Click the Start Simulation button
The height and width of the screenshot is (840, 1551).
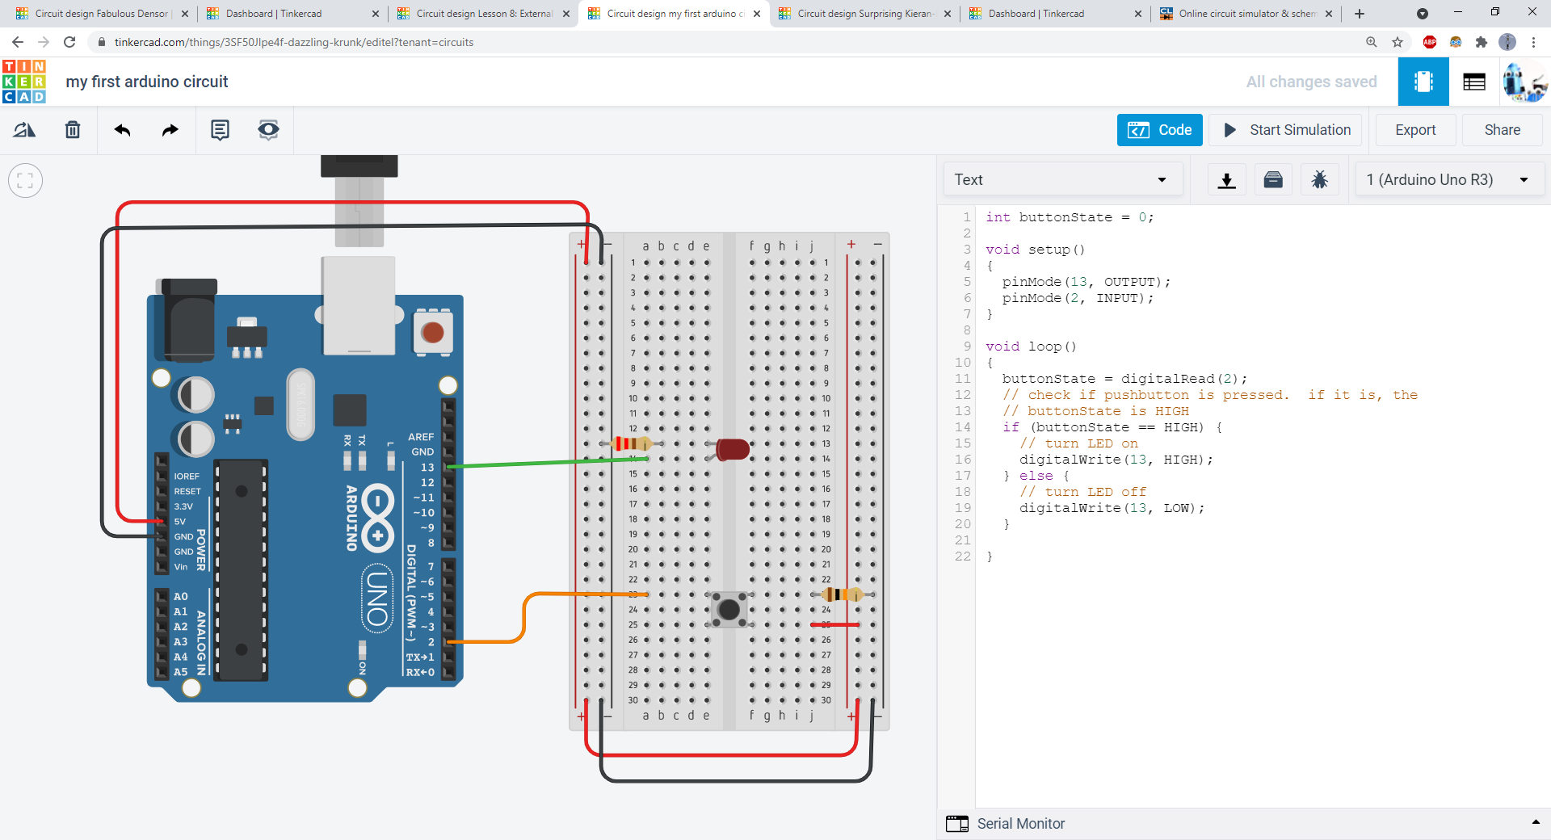click(1288, 130)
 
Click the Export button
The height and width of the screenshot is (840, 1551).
click(1415, 130)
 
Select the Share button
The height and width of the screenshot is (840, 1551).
click(1502, 130)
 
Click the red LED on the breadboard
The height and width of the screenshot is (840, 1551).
click(732, 449)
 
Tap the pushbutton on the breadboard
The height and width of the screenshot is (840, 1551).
click(729, 609)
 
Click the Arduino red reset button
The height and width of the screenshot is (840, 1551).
click(433, 332)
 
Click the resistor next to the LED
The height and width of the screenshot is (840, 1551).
click(631, 443)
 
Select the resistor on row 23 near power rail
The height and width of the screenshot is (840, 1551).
click(842, 594)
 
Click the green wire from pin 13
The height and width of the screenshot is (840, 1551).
click(533, 464)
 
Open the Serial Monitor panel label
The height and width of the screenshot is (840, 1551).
click(1020, 824)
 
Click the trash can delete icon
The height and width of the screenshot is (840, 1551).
click(73, 130)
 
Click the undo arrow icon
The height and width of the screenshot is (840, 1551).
click(123, 130)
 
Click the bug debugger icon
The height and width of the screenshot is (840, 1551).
click(1319, 179)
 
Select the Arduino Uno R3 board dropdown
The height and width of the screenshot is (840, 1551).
click(1448, 179)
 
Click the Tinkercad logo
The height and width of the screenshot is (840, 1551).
click(24, 82)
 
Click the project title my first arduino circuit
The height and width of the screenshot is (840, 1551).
click(147, 82)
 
